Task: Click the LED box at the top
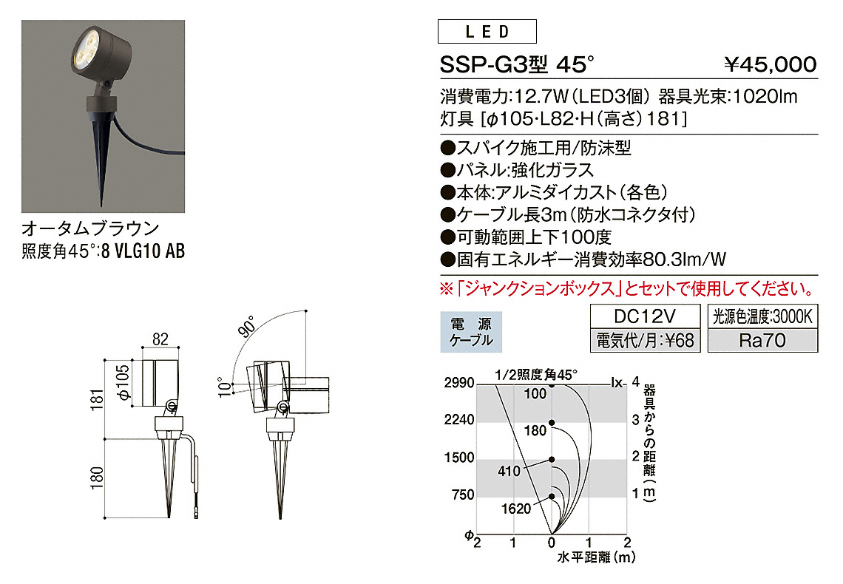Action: pos(487,31)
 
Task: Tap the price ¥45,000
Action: pos(770,64)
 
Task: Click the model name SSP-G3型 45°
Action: pos(517,65)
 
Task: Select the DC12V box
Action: pos(645,316)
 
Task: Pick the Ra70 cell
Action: pos(762,340)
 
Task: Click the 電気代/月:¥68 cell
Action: pos(645,340)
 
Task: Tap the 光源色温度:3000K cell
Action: pos(762,316)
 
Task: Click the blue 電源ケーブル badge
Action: pos(471,332)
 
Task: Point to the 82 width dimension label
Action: pos(160,339)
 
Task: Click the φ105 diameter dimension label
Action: pos(123,382)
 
